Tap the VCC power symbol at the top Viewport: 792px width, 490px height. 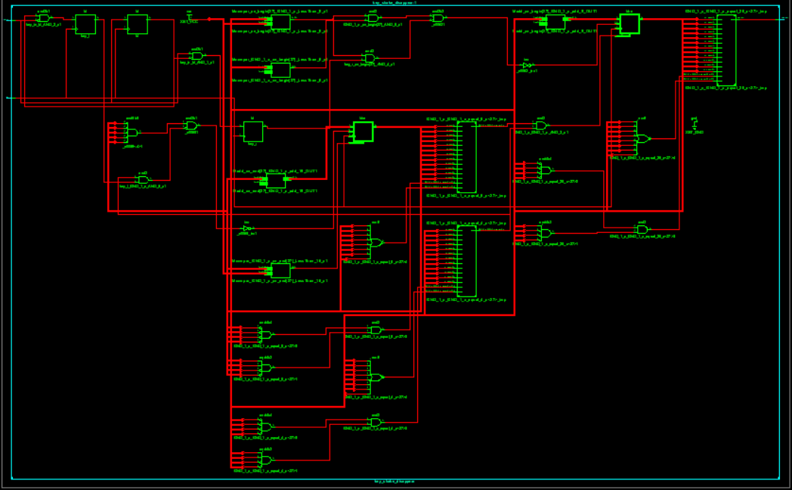190,17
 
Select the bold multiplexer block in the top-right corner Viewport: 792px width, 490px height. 629,24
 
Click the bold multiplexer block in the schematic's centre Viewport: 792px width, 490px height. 363,132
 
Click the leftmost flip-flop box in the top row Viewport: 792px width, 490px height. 85,24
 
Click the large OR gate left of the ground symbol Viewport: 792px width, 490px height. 643,138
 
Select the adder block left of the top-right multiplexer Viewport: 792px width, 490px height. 554,22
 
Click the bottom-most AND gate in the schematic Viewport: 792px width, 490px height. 265,460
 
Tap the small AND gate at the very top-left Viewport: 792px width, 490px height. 44,18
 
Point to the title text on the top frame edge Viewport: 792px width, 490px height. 395,3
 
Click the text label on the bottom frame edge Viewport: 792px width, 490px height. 394,481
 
